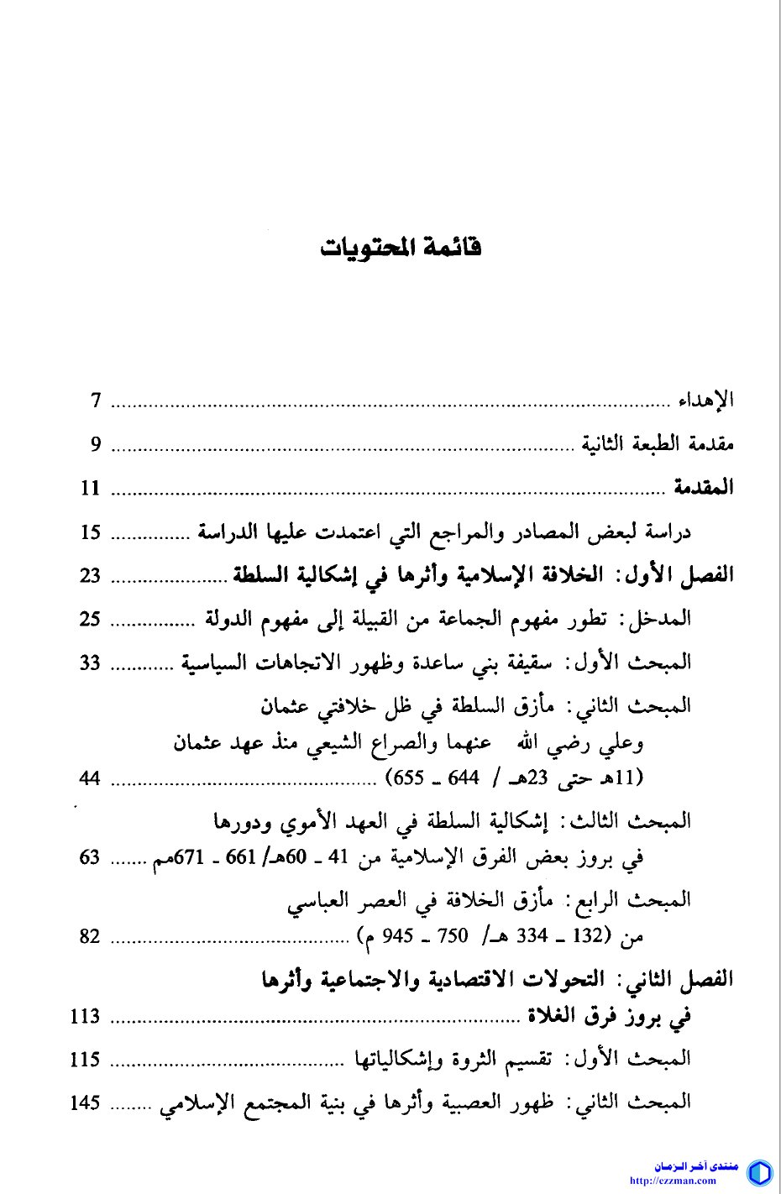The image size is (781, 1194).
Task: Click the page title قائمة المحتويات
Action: click(401, 248)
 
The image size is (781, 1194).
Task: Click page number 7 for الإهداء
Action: click(96, 401)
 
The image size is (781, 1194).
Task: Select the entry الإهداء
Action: click(706, 401)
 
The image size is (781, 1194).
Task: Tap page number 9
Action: click(96, 444)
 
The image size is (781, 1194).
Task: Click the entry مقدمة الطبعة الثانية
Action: click(658, 444)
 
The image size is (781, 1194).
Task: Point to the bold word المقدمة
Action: click(703, 488)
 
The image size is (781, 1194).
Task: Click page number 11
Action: click(91, 488)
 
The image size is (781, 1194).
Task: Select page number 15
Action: click(91, 532)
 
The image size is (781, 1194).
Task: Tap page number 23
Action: click(91, 575)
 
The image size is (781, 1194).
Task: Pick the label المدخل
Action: click(658, 620)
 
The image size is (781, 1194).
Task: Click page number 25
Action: click(91, 620)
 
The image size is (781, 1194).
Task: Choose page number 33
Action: click(91, 663)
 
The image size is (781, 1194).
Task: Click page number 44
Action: click(91, 778)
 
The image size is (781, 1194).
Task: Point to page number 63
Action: click(91, 857)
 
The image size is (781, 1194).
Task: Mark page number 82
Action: click(91, 936)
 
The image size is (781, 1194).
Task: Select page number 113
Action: click(86, 1017)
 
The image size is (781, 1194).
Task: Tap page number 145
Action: click(86, 1102)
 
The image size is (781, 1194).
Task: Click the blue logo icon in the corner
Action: click(759, 1172)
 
